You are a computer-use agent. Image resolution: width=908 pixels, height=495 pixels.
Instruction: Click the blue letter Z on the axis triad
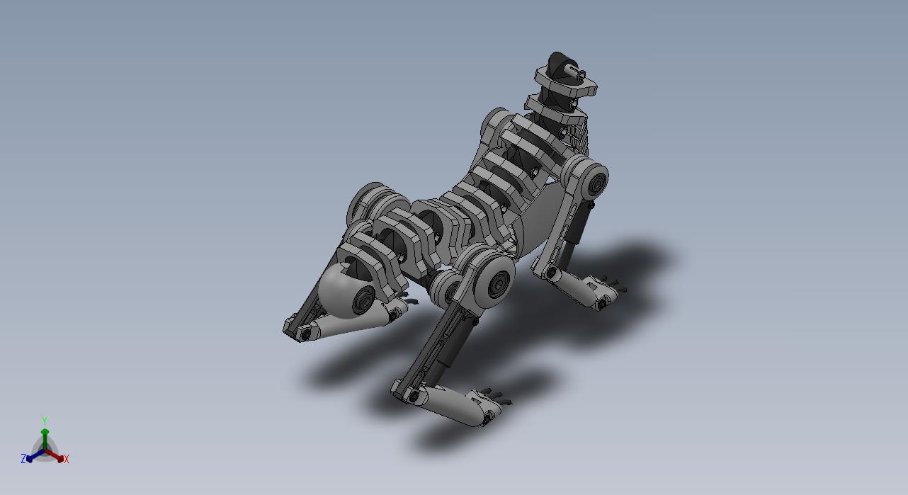[x=23, y=458]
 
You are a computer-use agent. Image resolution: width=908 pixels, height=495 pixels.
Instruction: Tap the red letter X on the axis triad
[x=67, y=459]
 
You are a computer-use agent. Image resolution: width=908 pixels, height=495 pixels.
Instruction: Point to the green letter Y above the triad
[x=45, y=421]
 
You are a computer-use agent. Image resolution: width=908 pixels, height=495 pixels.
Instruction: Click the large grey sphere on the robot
[x=344, y=290]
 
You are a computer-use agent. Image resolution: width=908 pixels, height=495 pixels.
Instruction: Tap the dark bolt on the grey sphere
[x=364, y=300]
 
